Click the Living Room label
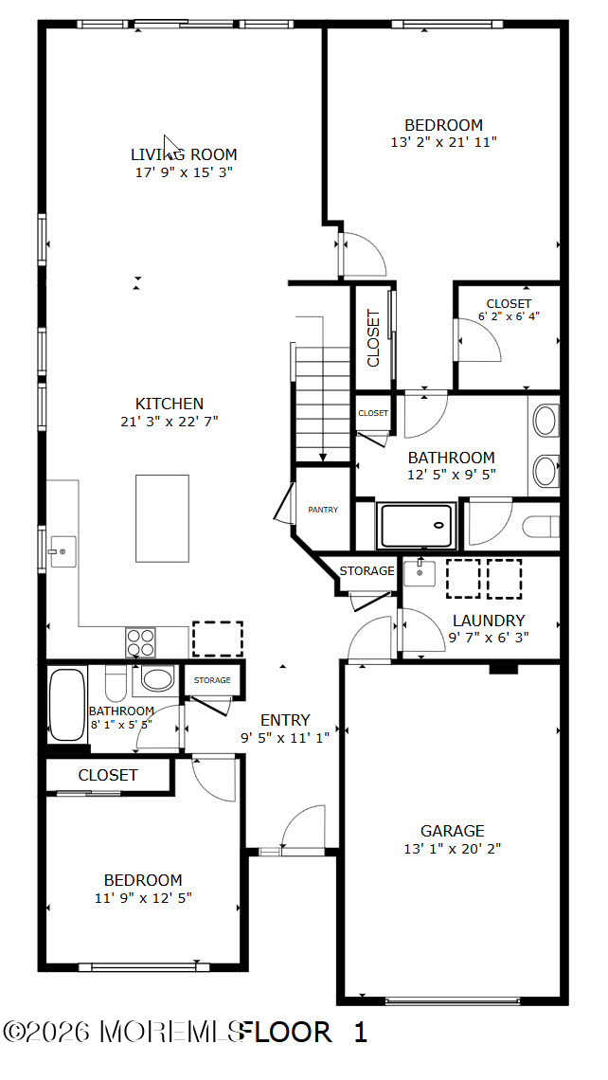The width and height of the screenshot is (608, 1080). click(184, 154)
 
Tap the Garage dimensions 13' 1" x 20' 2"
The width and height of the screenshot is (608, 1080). click(453, 849)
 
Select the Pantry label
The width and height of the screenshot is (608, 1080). click(323, 510)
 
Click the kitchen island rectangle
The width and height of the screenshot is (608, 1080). click(162, 518)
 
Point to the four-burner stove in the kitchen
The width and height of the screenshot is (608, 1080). click(140, 642)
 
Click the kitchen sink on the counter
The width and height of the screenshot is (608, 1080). click(63, 551)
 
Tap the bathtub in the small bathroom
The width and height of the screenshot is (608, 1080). click(67, 704)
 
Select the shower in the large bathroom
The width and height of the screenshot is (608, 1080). click(418, 526)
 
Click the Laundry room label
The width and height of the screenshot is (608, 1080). click(489, 621)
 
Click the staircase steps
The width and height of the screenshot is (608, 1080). click(323, 405)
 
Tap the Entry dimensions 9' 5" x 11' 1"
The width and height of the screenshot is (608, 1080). click(285, 738)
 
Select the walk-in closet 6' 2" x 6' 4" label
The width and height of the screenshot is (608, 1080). click(509, 310)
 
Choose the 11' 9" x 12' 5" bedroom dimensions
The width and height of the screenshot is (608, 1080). click(143, 897)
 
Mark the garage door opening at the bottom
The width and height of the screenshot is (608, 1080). click(453, 999)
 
